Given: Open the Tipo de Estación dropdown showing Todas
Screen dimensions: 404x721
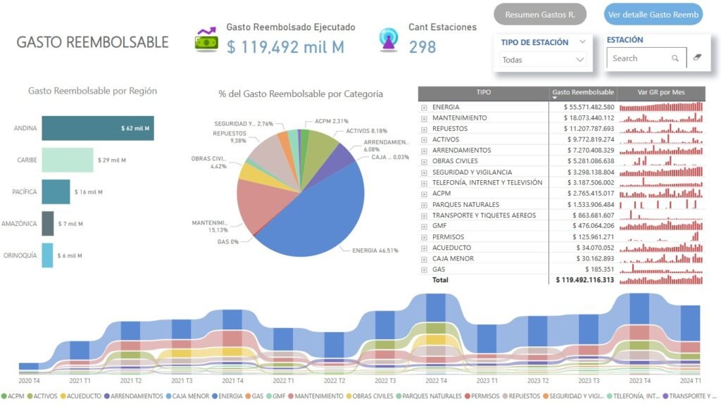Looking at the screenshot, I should click(x=543, y=60).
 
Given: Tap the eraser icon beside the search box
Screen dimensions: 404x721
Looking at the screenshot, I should click(x=697, y=58).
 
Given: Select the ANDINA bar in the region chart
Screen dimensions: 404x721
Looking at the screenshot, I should click(x=97, y=129).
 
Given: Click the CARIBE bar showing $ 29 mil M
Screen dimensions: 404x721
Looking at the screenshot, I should click(x=68, y=160).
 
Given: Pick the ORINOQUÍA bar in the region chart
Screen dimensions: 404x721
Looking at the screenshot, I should click(x=47, y=255).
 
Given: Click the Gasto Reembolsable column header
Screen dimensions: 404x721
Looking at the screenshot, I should click(x=582, y=92).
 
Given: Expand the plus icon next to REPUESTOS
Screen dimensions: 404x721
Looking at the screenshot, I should click(x=424, y=129).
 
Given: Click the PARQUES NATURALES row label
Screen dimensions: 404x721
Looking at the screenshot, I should click(x=465, y=205).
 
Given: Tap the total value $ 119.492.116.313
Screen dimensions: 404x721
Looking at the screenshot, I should click(x=584, y=280).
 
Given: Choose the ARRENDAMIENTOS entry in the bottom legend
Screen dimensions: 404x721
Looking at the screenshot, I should click(x=138, y=396).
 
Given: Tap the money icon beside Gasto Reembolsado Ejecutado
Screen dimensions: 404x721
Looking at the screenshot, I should click(x=206, y=40).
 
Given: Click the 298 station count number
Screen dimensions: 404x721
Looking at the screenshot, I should click(x=422, y=47).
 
